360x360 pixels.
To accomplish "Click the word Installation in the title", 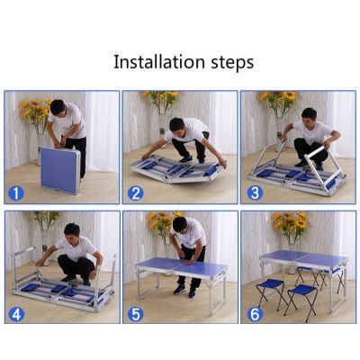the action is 159,62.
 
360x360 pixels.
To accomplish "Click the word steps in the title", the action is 232,63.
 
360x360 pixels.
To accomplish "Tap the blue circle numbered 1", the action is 15,193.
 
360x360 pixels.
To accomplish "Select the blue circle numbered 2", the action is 136,193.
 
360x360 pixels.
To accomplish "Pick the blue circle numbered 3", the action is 255,193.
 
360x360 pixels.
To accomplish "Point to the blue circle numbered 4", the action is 16,314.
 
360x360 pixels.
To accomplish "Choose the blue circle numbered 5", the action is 136,314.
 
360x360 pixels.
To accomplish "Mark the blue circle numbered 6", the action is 255,314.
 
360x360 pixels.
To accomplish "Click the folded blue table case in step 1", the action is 60,170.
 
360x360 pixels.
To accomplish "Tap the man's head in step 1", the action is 58,109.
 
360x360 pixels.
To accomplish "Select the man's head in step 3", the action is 309,115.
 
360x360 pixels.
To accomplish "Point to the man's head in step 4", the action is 72,231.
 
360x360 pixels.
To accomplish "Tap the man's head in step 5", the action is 179,226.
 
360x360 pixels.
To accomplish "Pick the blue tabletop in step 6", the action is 303,257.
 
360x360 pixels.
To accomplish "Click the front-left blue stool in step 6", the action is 269,294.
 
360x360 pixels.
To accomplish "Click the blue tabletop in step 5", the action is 182,265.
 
